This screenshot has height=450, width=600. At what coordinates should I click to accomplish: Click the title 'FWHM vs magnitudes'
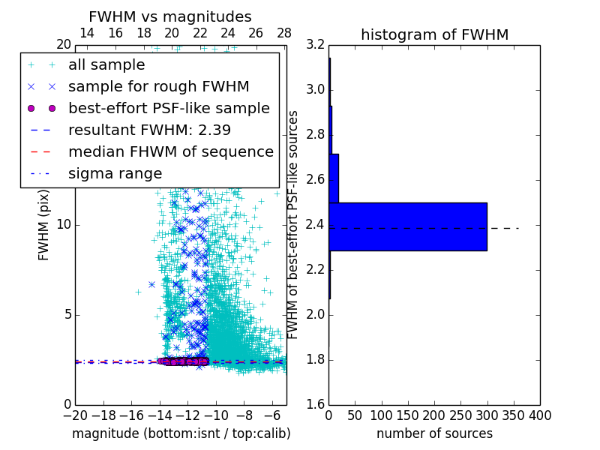coord(170,17)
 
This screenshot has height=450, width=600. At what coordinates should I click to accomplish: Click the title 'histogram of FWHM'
coord(434,35)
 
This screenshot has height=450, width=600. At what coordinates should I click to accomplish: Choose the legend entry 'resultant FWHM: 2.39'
coord(149,130)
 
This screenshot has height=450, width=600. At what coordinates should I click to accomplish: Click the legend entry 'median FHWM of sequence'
coord(170,151)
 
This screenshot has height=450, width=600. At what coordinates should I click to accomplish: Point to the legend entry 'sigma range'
coord(115,173)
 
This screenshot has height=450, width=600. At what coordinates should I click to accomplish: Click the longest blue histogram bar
coord(408,226)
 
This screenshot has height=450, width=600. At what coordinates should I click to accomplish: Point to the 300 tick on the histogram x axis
coord(487,415)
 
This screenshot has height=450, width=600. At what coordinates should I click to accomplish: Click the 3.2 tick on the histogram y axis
coord(315,45)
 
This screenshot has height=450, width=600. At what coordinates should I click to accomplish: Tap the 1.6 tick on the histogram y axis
coord(315,405)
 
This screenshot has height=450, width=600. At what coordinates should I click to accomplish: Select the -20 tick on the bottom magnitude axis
coord(75,415)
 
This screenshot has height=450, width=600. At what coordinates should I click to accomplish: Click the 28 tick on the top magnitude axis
coord(284,34)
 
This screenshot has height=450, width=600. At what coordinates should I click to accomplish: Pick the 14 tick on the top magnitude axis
coord(87,34)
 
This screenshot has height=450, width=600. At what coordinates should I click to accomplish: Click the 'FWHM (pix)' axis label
coord(44,225)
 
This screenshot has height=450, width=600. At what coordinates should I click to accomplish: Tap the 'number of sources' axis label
coord(434,433)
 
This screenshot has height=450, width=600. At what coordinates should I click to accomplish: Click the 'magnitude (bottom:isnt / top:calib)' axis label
coord(181,433)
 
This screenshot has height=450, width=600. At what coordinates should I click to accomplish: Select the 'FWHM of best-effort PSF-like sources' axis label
coord(293,225)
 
